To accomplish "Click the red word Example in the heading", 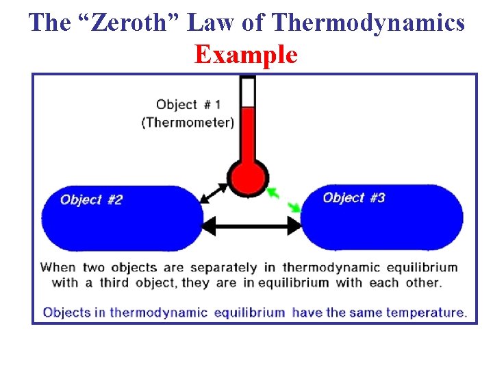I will [246, 54].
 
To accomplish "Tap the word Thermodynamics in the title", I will [368, 23].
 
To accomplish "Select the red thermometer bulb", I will [247, 177].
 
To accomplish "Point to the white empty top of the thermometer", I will [248, 92].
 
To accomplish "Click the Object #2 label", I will [91, 200].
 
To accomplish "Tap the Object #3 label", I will [354, 198].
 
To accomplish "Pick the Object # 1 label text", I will [188, 105].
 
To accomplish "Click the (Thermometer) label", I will [188, 123].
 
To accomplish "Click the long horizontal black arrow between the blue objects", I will [252, 225].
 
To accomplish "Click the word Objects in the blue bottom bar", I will [66, 312].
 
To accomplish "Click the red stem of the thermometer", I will [248, 134].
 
